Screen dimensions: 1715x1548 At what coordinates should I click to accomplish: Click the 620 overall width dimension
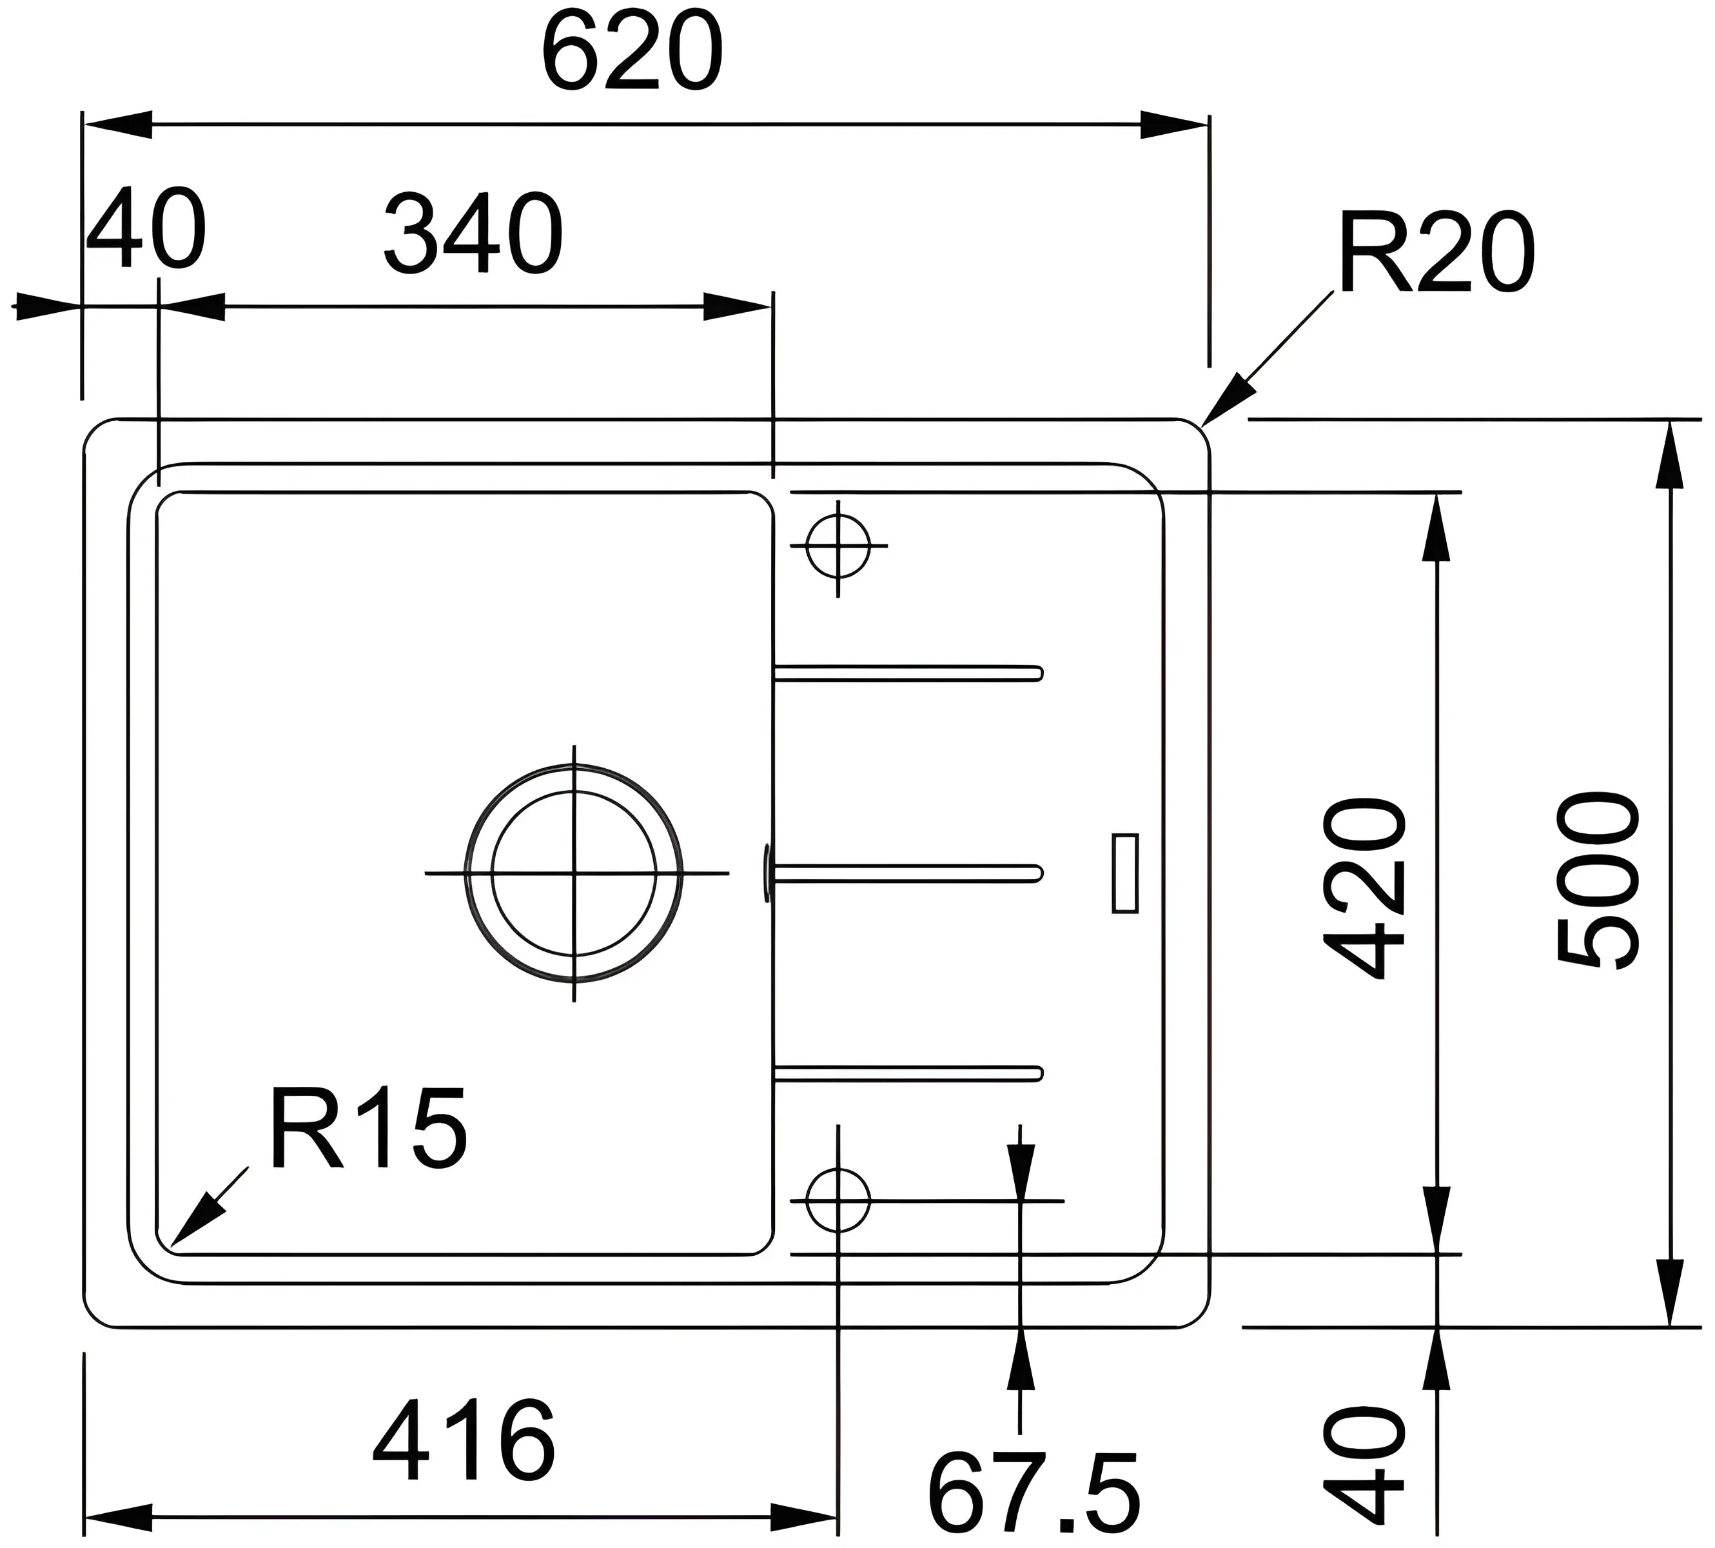click(632, 53)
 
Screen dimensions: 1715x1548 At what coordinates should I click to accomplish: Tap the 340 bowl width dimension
click(474, 234)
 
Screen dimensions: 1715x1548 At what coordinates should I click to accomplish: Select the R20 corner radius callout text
click(1436, 253)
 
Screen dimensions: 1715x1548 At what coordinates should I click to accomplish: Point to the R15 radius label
click(368, 1128)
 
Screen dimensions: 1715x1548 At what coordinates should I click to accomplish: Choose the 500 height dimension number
click(1596, 880)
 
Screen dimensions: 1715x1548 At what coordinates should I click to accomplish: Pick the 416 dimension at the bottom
click(464, 1442)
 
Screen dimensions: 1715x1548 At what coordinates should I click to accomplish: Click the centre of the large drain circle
click(574, 873)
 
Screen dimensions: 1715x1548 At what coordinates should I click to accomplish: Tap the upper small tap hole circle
click(838, 545)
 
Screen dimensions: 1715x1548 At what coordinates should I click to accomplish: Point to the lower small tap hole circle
click(838, 1200)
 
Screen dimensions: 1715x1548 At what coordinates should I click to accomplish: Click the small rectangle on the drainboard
click(1125, 873)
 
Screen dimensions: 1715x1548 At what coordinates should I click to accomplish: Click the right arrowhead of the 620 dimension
click(1173, 124)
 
